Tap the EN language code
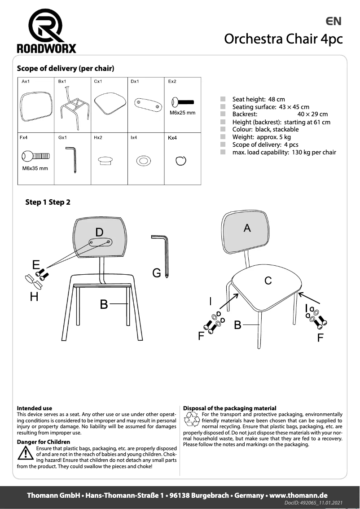point(334,21)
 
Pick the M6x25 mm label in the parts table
point(182,113)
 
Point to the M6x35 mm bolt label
point(35,168)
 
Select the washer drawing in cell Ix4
point(143,160)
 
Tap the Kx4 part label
point(172,138)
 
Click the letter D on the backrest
point(99,232)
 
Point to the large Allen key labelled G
point(160,255)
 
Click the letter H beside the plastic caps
point(34,297)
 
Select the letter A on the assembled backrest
point(247,228)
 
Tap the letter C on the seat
point(268,281)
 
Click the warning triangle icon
point(23,454)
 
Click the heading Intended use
point(34,408)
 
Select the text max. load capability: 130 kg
point(284,152)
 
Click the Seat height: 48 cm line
point(258,99)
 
